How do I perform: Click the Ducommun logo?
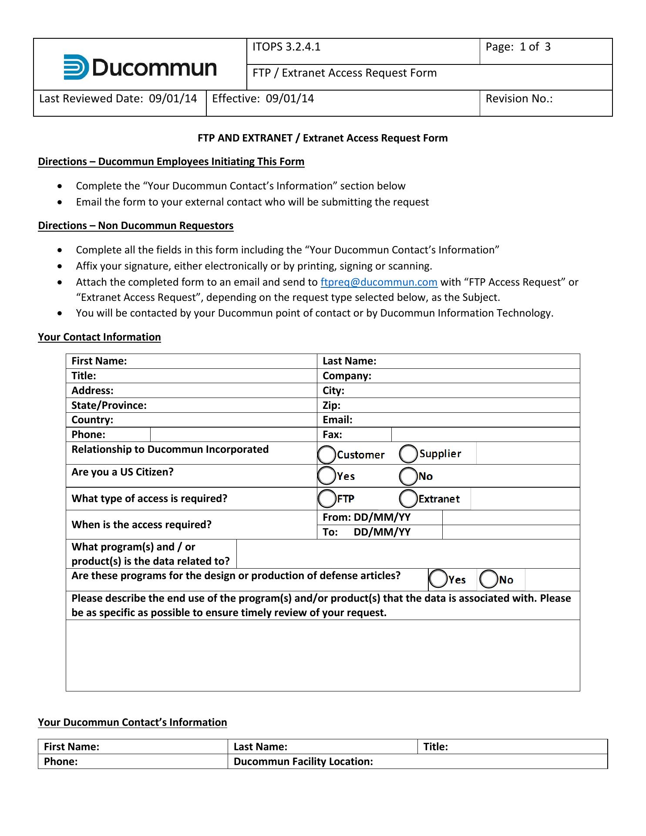coord(140,67)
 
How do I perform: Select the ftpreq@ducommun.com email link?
coord(379,282)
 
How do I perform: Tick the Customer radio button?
coord(326,455)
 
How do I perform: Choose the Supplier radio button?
coord(408,454)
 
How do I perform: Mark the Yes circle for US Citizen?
coord(326,475)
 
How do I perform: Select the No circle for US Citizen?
coord(408,476)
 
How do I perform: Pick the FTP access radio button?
coord(326,499)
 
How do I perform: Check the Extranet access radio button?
coord(408,499)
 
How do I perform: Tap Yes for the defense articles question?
coord(438,579)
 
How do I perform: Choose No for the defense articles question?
coord(488,579)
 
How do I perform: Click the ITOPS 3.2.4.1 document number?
coord(286,47)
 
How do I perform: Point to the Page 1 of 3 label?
coord(518,47)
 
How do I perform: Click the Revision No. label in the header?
coord(519,99)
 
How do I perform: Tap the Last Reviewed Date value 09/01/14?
coord(173,99)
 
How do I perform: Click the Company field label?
coord(347,376)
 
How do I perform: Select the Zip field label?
coord(332,405)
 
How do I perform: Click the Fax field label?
coord(332,435)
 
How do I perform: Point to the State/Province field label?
coord(109,405)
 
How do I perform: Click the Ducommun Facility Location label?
coord(303,762)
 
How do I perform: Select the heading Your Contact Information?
coord(99,337)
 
